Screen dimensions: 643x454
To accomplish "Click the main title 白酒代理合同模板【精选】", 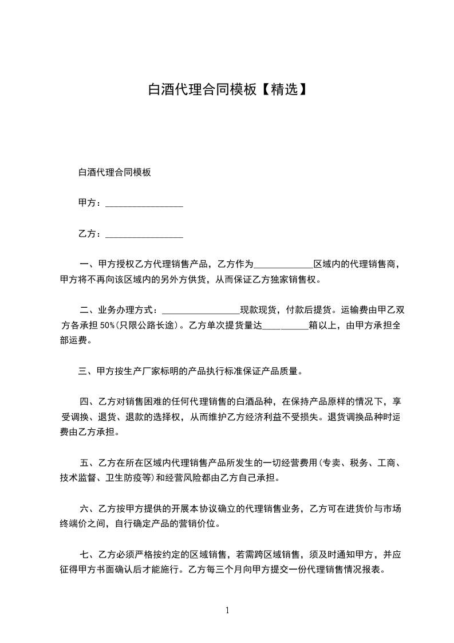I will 227,89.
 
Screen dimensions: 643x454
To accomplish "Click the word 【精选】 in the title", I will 281,89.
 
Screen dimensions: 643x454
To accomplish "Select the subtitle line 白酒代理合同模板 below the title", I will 115,172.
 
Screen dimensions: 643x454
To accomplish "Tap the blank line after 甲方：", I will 144,203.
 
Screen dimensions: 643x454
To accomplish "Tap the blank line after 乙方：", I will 144,234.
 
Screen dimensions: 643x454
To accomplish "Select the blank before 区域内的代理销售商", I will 283,265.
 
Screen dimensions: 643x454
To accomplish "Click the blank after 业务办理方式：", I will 200,311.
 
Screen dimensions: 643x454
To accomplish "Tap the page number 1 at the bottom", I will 227,610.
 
